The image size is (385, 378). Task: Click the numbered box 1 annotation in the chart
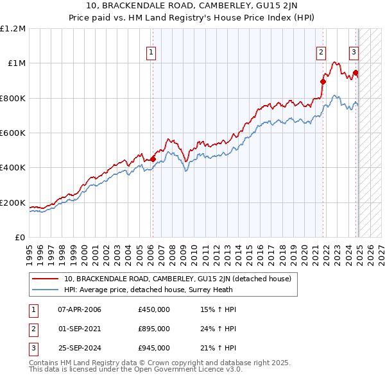[151, 53]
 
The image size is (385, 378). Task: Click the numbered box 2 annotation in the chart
[321, 53]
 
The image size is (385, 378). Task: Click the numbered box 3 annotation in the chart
[354, 53]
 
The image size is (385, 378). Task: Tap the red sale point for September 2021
[323, 81]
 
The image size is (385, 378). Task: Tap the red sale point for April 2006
[153, 159]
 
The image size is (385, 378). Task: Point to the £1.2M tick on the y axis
[13, 28]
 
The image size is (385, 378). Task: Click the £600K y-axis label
[13, 133]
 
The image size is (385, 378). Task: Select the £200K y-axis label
[13, 203]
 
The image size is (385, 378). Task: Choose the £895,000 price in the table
[154, 329]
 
